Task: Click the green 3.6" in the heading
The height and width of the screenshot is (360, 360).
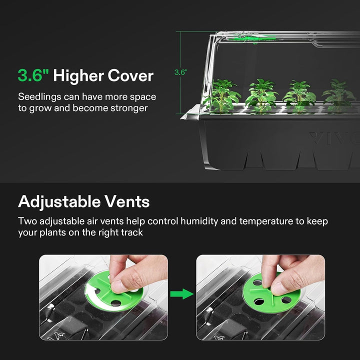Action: click(x=33, y=76)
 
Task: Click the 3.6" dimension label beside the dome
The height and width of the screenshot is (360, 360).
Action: click(x=180, y=72)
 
